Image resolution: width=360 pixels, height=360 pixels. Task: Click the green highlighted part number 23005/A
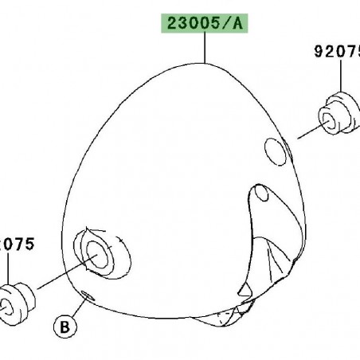point(206,25)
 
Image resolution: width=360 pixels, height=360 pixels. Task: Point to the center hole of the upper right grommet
point(327,120)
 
